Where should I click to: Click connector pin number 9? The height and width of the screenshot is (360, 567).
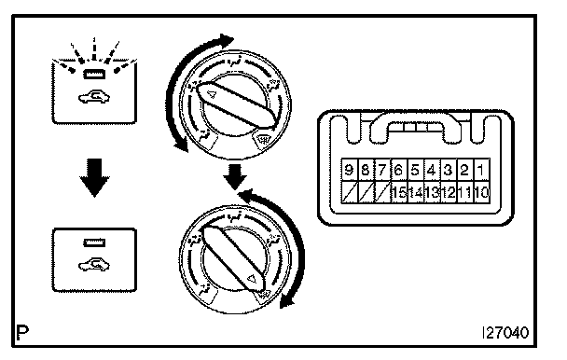[x=349, y=170]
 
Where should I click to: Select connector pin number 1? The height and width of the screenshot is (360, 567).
[x=481, y=170]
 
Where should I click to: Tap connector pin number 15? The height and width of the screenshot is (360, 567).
[x=399, y=192]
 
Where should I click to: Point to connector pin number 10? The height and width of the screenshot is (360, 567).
[x=481, y=192]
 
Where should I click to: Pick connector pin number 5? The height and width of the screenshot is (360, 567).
[x=415, y=170]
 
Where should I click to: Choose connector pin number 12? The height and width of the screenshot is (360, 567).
[x=449, y=192]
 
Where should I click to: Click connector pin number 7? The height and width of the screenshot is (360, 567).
[x=382, y=170]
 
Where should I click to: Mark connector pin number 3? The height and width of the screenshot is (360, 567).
[x=449, y=170]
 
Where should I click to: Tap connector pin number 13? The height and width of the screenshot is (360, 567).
[x=432, y=192]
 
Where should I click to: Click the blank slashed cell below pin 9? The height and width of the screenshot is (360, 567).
[x=349, y=192]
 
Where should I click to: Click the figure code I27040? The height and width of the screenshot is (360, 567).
[x=505, y=333]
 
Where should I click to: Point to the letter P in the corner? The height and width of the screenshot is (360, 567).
[x=22, y=333]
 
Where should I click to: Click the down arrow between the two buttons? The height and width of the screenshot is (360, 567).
[x=94, y=177]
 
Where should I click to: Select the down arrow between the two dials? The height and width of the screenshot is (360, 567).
[x=235, y=176]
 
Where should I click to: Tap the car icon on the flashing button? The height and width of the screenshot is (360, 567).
[x=94, y=97]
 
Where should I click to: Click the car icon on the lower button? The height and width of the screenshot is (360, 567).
[x=94, y=265]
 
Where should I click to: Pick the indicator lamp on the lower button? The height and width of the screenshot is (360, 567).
[x=94, y=242]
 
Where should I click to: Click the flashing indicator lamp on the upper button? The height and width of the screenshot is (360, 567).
[x=94, y=75]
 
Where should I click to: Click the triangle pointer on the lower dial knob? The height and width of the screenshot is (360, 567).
[x=251, y=279]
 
